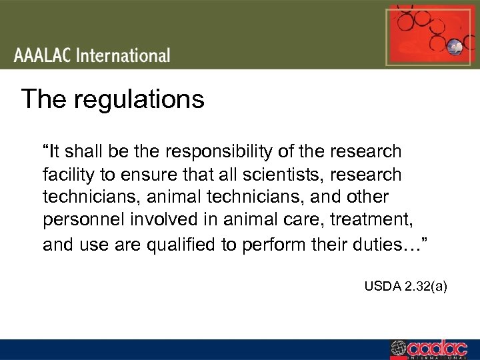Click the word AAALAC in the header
pyautogui.click(x=43, y=55)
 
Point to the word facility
pyautogui.click(x=66, y=175)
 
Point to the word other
pyautogui.click(x=364, y=198)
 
